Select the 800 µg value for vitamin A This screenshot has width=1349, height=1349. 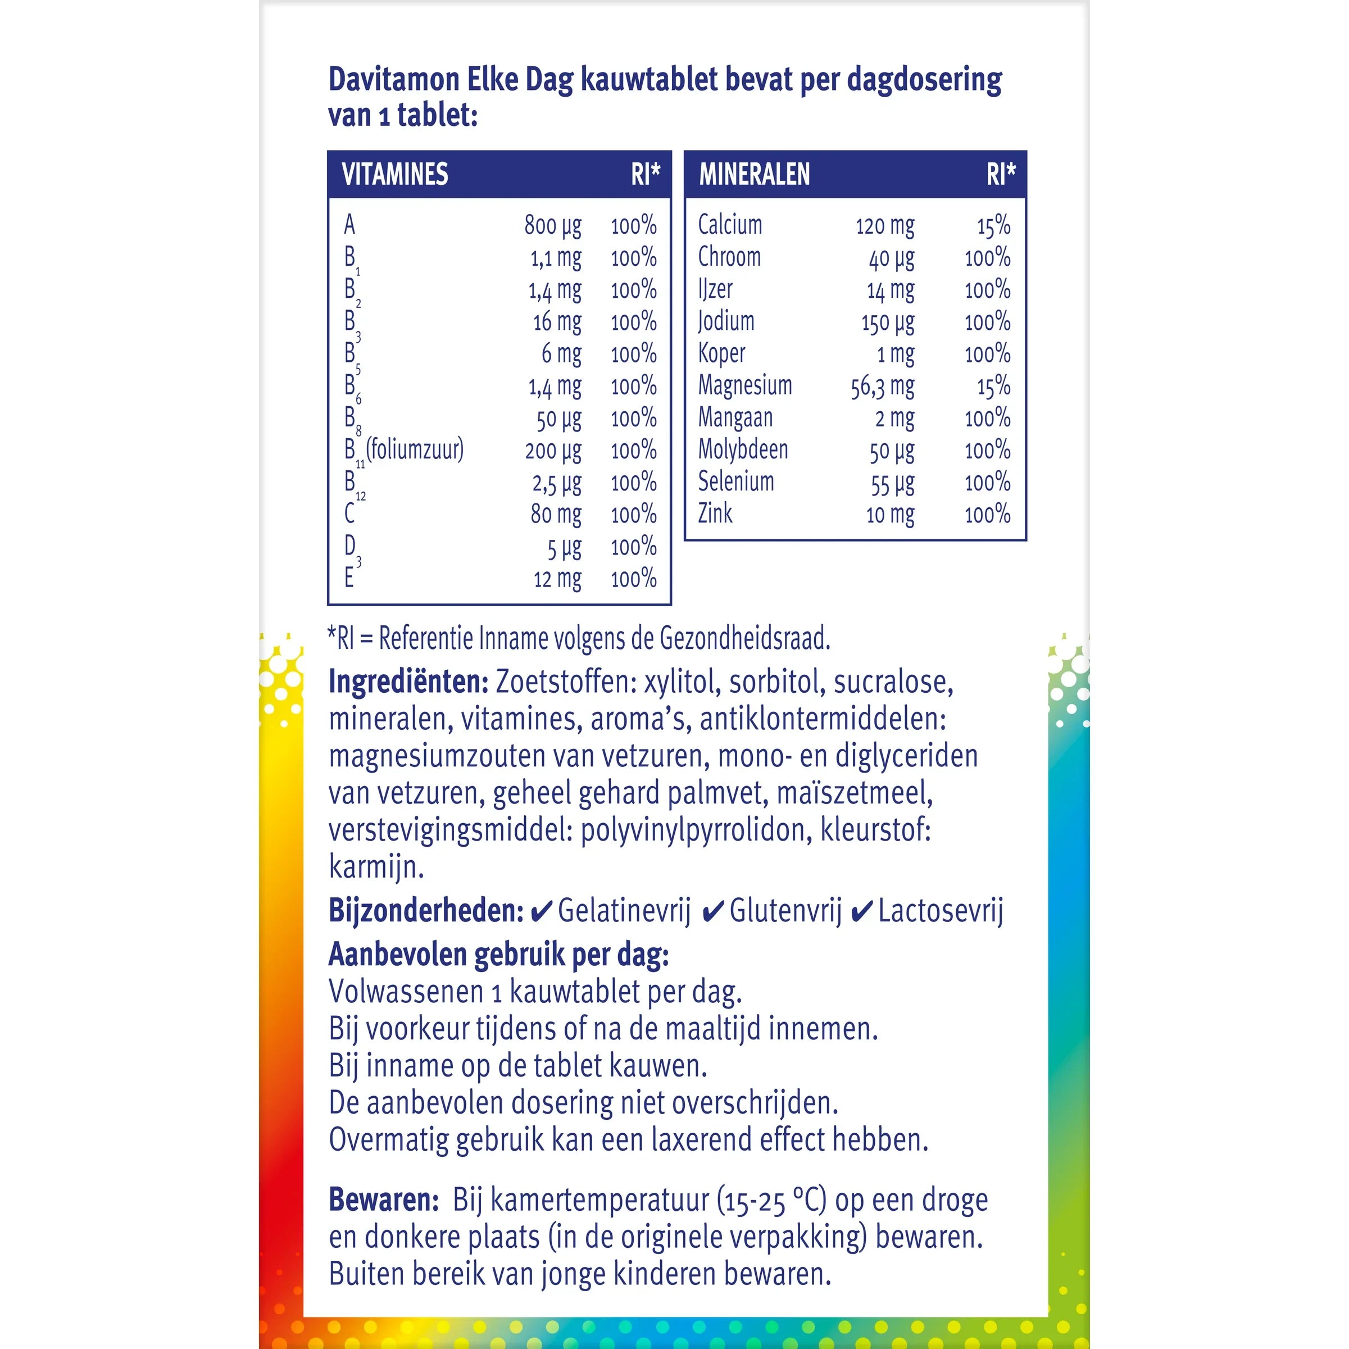553,225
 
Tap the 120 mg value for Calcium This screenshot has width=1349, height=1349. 885,225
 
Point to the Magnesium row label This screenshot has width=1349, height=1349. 745,385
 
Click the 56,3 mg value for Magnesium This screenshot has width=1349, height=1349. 882,387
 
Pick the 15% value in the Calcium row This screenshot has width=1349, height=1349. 993,225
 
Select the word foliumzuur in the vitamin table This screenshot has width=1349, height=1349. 415,449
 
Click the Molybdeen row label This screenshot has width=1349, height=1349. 743,449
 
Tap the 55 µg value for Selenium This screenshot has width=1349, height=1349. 892,483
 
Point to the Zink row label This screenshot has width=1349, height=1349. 716,514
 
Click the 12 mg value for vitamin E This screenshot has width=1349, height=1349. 557,579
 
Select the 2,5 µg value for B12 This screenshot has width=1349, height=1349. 556,483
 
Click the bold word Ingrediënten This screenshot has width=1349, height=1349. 408,682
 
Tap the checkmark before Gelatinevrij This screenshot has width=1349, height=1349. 541,912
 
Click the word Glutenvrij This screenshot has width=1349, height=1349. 785,911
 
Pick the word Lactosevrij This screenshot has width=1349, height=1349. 941,911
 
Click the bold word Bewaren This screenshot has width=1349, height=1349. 383,1200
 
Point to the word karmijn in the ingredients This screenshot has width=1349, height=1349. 376,867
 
